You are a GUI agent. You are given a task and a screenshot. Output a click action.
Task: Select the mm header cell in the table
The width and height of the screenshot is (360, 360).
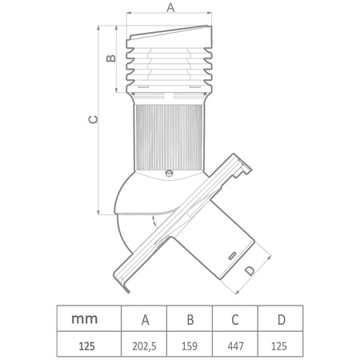pos(85,318)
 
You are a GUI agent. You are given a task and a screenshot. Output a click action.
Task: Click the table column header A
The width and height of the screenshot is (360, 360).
pos(145,319)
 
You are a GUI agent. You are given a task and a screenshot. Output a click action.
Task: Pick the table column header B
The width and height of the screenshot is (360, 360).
pos(190,319)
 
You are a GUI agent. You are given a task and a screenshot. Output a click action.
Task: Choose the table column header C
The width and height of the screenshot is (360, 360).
pos(234,319)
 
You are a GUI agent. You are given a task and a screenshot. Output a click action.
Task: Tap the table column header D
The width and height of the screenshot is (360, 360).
pos(281,319)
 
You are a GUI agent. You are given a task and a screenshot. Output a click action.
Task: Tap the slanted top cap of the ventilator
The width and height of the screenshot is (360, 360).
pos(170,37)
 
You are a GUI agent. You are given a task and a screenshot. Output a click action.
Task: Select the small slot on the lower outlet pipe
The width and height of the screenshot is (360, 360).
pos(233,251)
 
